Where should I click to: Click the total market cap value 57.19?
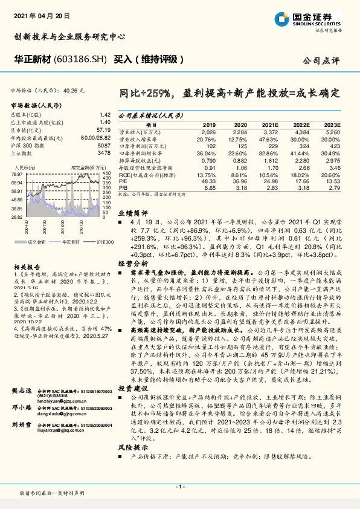(104, 130)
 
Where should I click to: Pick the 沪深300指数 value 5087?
(104, 146)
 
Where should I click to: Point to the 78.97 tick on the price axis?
(17, 174)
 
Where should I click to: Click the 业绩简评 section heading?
(132, 230)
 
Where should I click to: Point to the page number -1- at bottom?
(179, 486)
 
